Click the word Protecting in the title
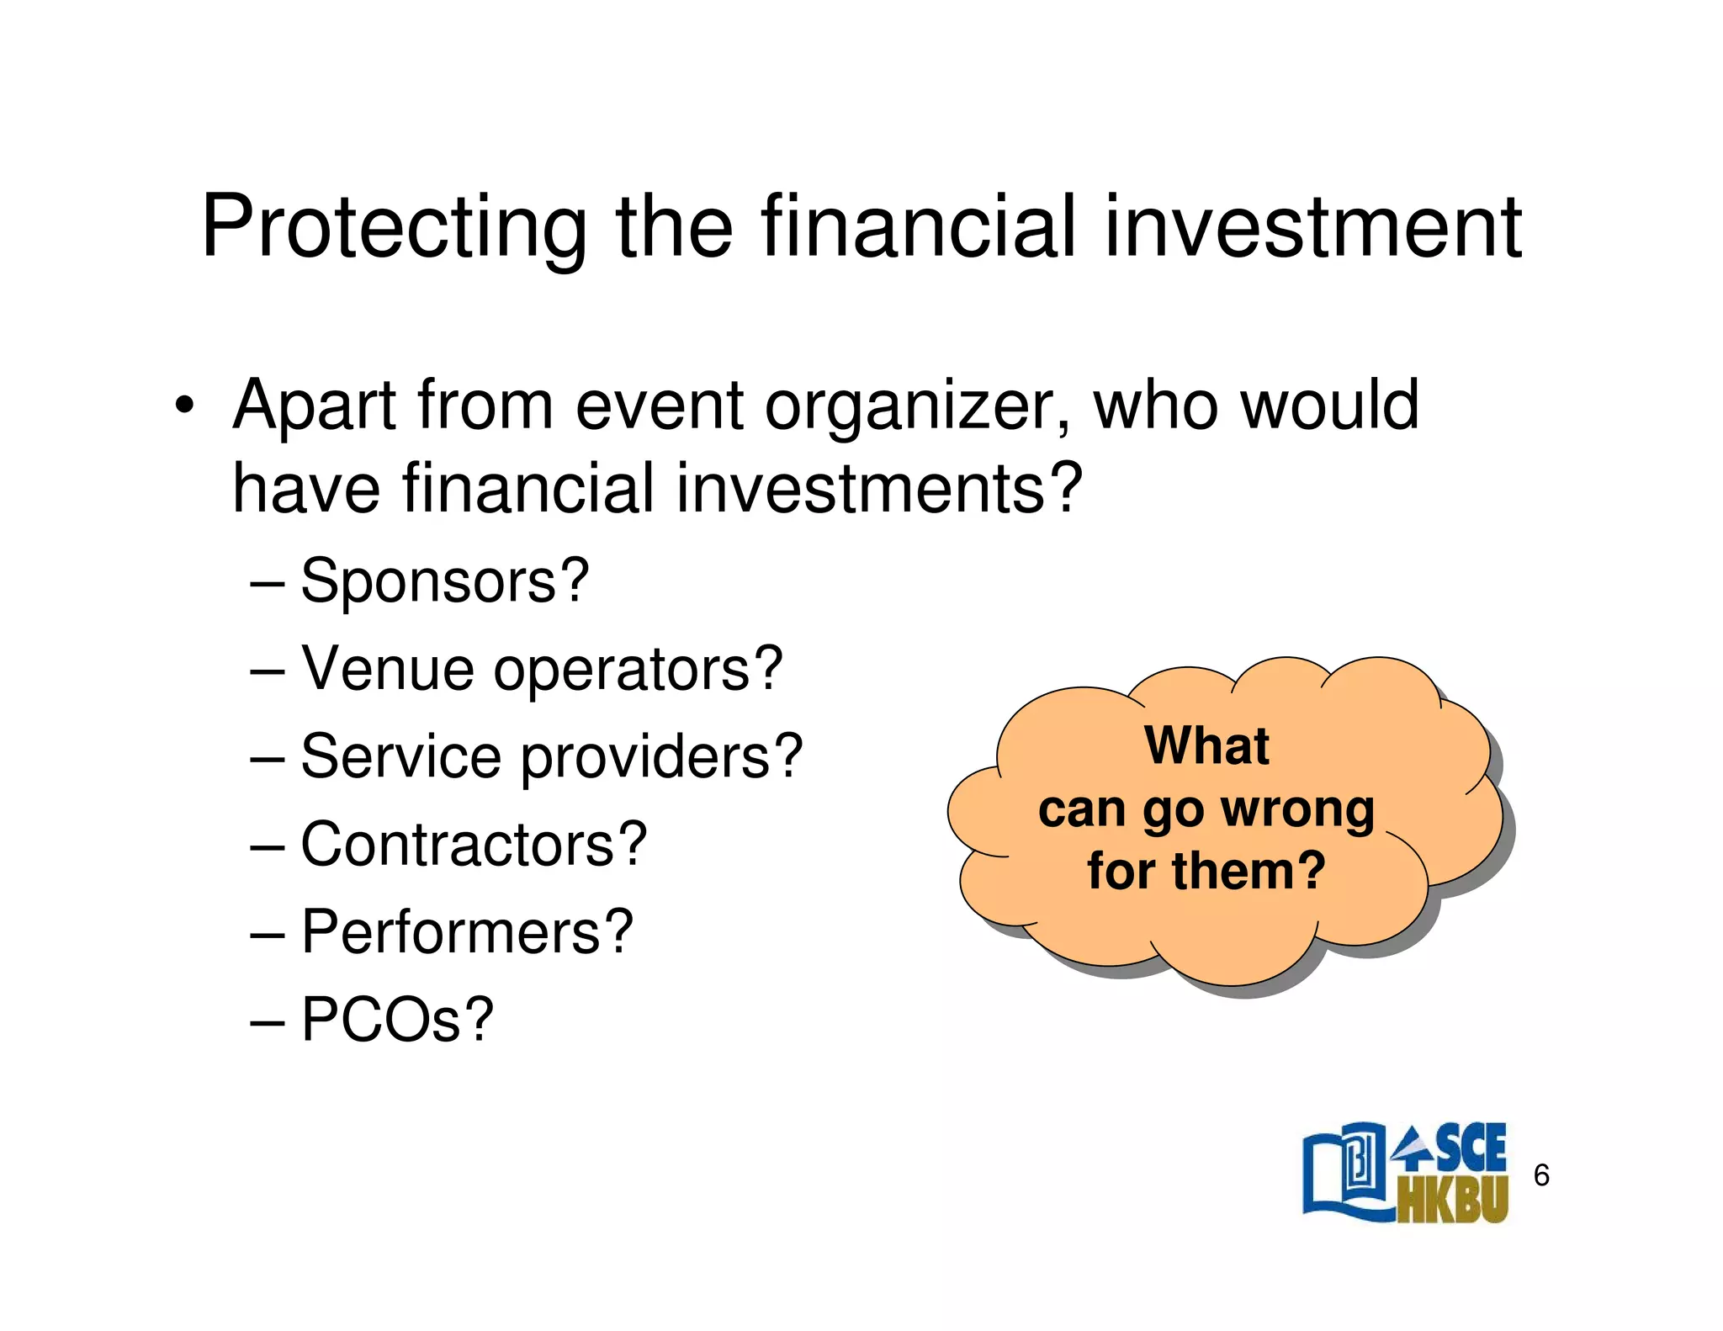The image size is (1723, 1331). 394,227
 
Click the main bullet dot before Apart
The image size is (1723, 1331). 184,406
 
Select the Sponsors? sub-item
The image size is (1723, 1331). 445,581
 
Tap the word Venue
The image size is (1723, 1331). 388,669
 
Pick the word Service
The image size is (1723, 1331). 400,756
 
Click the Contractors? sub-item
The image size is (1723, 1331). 474,844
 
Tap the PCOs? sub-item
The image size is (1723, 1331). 397,1020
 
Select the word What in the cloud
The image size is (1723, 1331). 1206,746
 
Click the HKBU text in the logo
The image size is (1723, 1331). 1452,1198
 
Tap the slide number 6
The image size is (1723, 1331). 1541,1175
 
